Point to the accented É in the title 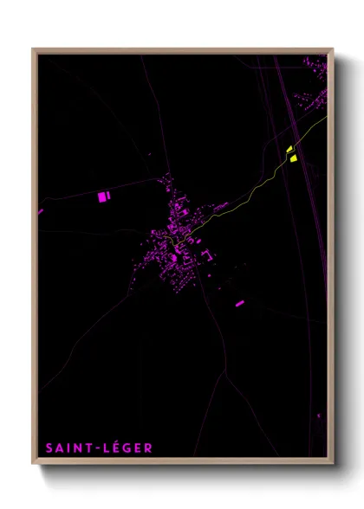(x=113, y=448)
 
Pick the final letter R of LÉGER (x=148, y=448)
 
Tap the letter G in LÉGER (x=125, y=448)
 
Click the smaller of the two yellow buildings (x=289, y=149)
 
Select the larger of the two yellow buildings (x=292, y=158)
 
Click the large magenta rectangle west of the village (x=103, y=197)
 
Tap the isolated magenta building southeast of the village (x=240, y=304)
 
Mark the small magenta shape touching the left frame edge (x=40, y=210)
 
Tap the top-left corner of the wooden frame (x=34, y=49)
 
